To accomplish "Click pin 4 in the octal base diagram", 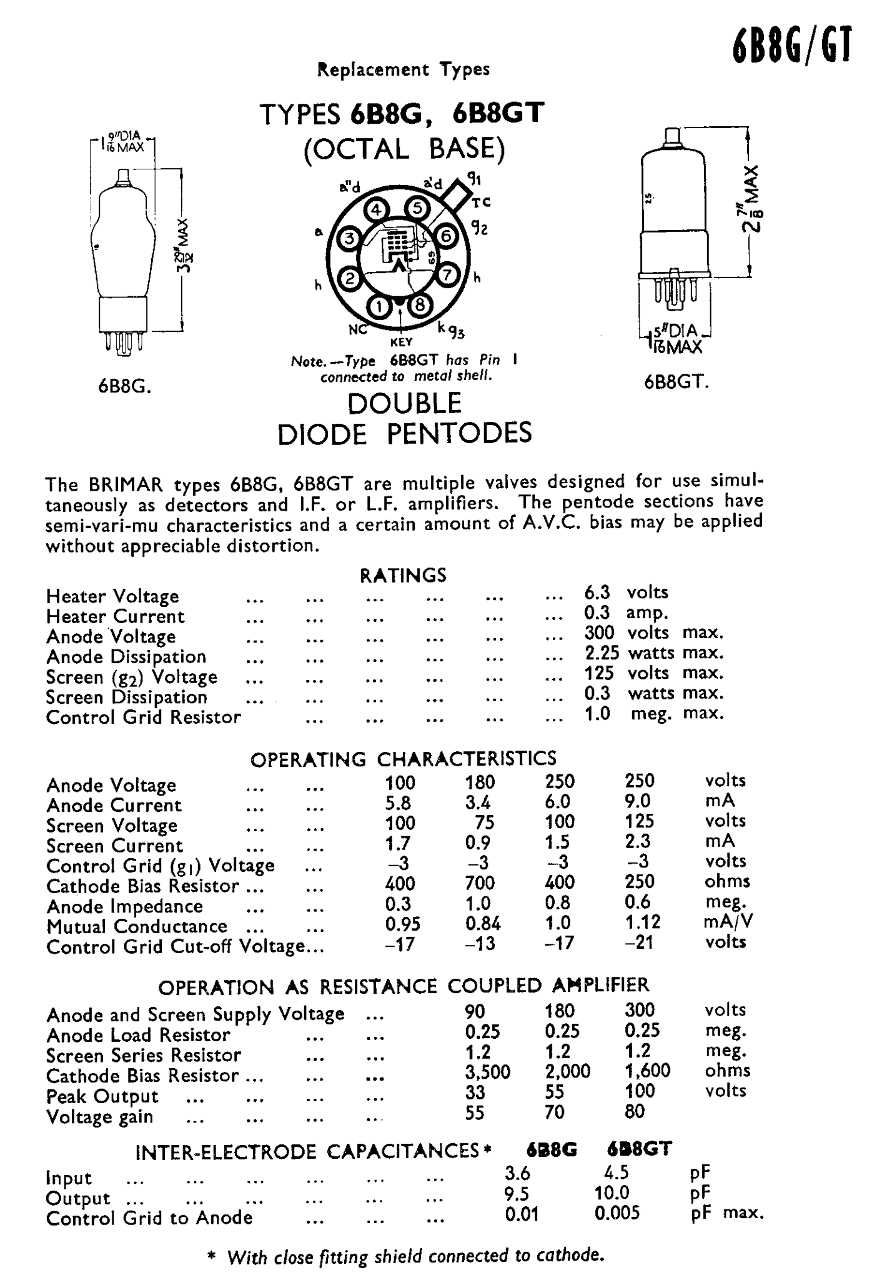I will (x=376, y=211).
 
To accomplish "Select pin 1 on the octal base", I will (x=379, y=306).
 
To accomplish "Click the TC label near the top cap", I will (x=481, y=202).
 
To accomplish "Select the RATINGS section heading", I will (x=403, y=575).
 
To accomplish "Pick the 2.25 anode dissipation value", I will (x=602, y=652).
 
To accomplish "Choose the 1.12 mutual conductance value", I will (x=643, y=922).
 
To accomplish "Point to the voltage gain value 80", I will (x=635, y=1112).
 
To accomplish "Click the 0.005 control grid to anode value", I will (x=617, y=1213).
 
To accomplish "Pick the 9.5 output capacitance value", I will (x=517, y=1194).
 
